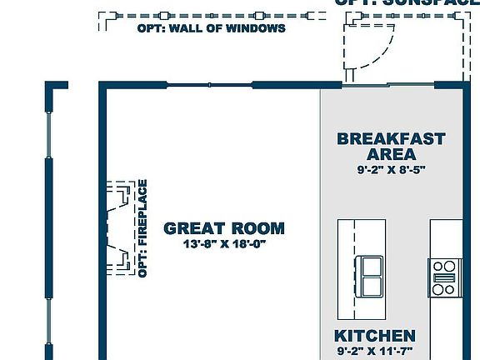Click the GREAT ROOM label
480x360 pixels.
[x=223, y=227]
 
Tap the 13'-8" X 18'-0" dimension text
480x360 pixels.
[x=223, y=245]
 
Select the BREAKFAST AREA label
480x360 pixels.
[x=391, y=147]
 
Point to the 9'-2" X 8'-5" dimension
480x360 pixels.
[x=391, y=170]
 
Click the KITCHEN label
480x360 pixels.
[x=374, y=336]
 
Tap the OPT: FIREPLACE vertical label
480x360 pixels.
[x=142, y=228]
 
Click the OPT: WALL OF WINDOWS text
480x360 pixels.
[x=211, y=28]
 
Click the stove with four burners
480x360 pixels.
[x=444, y=277]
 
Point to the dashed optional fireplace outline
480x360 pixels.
[x=118, y=227]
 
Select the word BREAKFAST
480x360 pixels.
[x=391, y=138]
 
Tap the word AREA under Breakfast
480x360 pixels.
[x=391, y=155]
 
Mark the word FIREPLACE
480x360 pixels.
[x=142, y=216]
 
